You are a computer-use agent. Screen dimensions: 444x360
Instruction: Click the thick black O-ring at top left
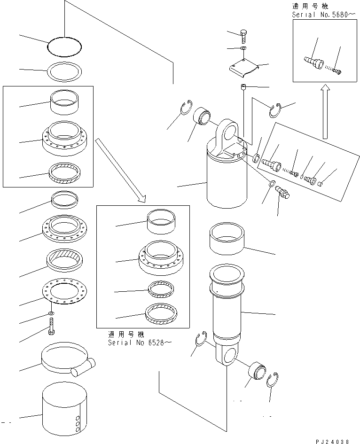click(64, 46)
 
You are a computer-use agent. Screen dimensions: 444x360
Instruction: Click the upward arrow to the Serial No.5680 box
click(324, 111)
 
